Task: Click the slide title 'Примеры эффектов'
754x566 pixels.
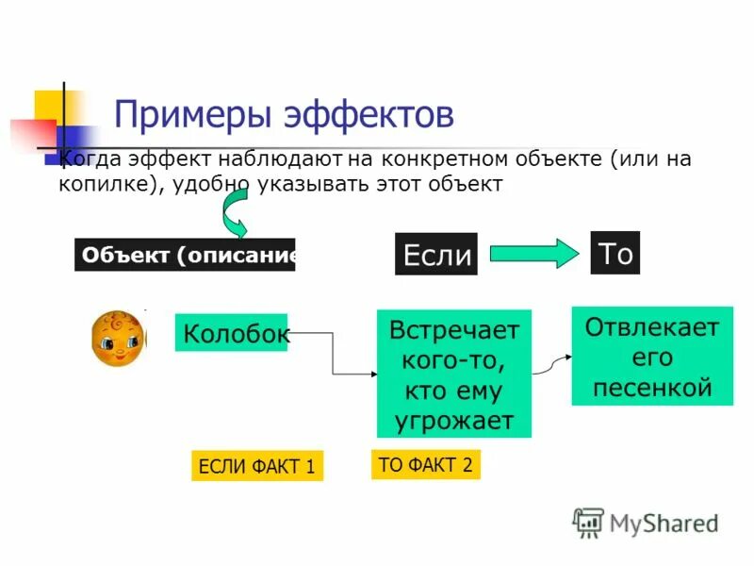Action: (284, 115)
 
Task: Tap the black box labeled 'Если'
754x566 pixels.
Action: (435, 255)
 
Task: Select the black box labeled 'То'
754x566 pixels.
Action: (615, 253)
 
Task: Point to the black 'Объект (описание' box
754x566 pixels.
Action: (185, 255)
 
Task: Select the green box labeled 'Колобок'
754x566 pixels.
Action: (231, 333)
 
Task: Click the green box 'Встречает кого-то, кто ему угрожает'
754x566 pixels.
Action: (453, 374)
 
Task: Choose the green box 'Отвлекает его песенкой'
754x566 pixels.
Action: (651, 357)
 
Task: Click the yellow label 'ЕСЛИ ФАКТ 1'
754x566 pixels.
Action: (256, 465)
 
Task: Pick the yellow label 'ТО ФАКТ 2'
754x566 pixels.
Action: (425, 463)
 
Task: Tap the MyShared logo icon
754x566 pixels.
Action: (588, 522)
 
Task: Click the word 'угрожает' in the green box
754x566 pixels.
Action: (453, 421)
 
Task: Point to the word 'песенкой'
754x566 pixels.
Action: (651, 388)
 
